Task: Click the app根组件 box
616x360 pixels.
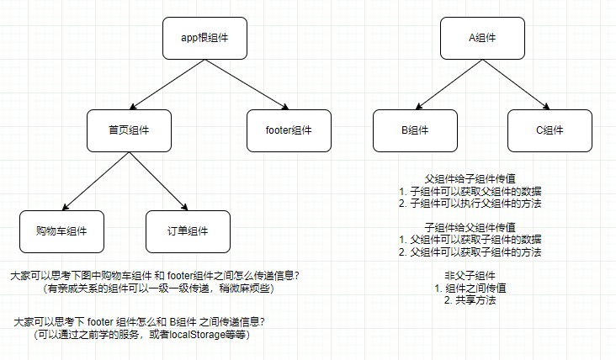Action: (204, 39)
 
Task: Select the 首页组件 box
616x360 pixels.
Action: (129, 130)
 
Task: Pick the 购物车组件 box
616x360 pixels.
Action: (61, 230)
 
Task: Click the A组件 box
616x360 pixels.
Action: (482, 39)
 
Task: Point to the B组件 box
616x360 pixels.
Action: (414, 130)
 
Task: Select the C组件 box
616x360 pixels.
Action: (549, 130)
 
